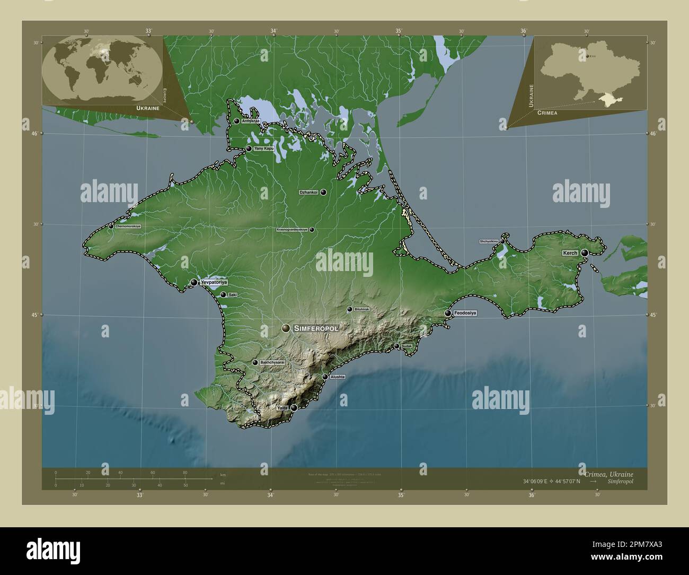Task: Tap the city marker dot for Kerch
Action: (584, 254)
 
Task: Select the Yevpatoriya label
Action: (214, 283)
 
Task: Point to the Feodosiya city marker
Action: (448, 313)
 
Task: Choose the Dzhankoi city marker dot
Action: (323, 193)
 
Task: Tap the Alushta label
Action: (338, 377)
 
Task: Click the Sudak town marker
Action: (396, 346)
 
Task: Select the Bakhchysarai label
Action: (273, 362)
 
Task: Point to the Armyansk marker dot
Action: (236, 121)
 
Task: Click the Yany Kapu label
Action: (264, 149)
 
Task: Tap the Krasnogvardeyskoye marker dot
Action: (312, 230)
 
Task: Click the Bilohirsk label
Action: (361, 309)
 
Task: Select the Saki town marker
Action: (223, 295)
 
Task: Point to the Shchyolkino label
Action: (489, 241)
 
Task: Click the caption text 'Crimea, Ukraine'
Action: (605, 474)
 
